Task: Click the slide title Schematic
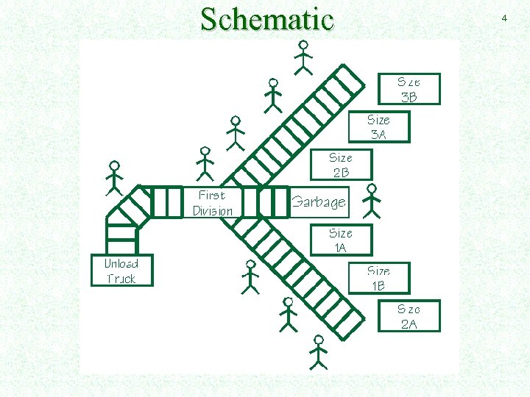point(266,19)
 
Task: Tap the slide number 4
point(504,17)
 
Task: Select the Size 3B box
point(409,89)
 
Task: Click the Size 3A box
point(378,126)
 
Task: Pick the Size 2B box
point(341,165)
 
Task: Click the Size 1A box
point(341,240)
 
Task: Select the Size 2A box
point(409,316)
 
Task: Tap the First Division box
point(212,203)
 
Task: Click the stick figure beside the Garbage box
point(372,201)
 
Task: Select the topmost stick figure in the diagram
point(303,57)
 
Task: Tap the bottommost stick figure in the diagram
point(318,352)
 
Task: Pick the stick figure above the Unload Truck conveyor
point(113,178)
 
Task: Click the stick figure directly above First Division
point(205,164)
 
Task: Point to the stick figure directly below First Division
point(250,276)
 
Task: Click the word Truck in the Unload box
point(121,279)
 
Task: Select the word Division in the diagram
point(213,211)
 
